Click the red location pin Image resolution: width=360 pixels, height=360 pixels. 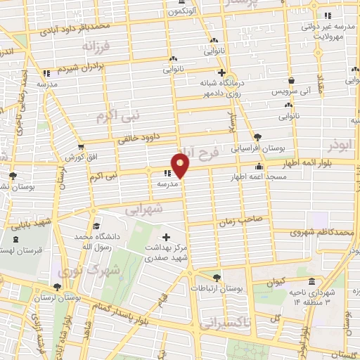pos(181,166)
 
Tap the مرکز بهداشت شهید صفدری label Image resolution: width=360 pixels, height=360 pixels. pos(167,253)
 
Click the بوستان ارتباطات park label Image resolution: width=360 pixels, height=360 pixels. pos(217,288)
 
